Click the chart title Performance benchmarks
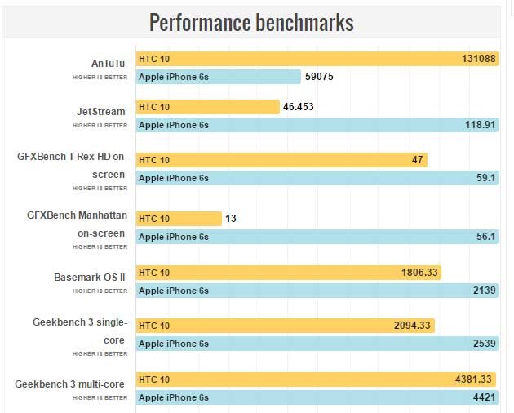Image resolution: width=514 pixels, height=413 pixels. [x=251, y=23]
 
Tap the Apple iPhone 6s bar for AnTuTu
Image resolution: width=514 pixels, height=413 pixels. [x=219, y=77]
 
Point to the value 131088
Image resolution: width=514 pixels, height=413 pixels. [x=477, y=59]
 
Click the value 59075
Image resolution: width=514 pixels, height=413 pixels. [x=320, y=78]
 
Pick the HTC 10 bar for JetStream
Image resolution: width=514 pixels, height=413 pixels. [x=208, y=107]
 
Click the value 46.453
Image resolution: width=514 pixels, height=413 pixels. [x=299, y=107]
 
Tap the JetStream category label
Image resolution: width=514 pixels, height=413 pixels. [x=100, y=110]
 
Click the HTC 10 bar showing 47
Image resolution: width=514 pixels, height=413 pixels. [x=281, y=160]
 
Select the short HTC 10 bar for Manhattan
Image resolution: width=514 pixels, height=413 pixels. [x=179, y=219]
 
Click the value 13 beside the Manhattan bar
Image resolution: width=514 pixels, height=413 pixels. [x=230, y=219]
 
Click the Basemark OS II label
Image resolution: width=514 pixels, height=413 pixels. [x=90, y=277]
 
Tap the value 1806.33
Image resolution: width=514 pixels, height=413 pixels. [x=419, y=273]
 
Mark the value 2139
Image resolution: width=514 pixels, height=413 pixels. [x=483, y=291]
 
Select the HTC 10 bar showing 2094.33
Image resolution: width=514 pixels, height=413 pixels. [x=285, y=326]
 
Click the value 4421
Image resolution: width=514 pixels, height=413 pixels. [x=483, y=397]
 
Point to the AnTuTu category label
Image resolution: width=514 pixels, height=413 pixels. [x=109, y=62]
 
